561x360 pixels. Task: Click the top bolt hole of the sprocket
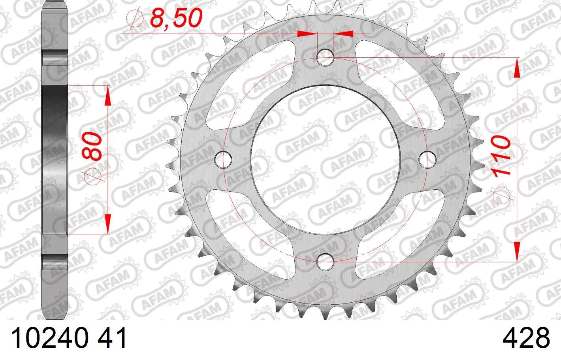[326, 58]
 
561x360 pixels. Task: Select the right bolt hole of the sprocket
[426, 159]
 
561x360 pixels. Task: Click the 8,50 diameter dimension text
[176, 18]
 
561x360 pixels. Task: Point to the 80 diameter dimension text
[94, 147]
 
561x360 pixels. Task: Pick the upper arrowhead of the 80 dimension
[107, 97]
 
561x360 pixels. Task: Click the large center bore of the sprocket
[326, 159]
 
